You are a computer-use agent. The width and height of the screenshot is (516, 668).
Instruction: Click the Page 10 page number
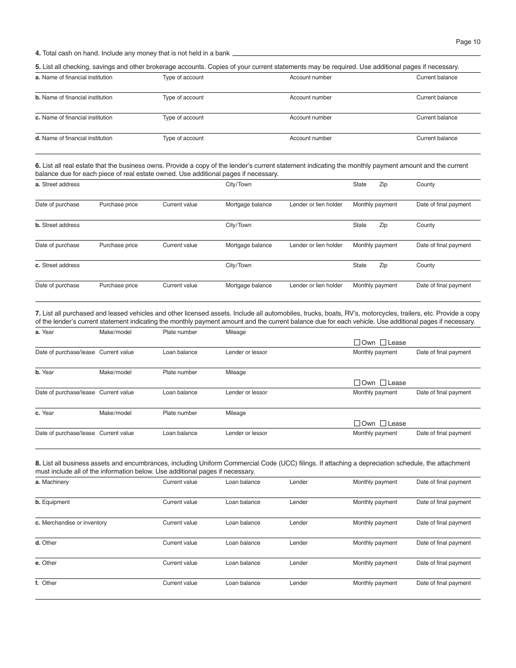(468, 42)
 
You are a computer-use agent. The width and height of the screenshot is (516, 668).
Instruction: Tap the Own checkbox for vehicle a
(357, 343)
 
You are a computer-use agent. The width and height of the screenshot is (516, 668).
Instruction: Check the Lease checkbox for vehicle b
(383, 383)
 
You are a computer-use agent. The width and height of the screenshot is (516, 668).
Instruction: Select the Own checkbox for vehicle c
(357, 424)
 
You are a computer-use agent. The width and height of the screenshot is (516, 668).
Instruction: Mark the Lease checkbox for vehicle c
(383, 424)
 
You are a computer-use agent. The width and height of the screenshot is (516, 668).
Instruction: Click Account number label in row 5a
(310, 78)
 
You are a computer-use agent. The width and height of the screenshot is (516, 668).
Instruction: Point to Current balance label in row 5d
(437, 138)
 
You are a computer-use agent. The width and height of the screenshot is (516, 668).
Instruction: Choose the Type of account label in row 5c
(183, 118)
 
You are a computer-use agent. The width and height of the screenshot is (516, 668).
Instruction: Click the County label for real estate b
(425, 225)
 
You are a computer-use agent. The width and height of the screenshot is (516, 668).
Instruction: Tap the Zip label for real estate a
(383, 185)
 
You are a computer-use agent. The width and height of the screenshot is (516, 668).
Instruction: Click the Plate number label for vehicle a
(180, 332)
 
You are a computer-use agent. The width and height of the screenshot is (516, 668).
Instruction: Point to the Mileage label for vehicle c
(236, 413)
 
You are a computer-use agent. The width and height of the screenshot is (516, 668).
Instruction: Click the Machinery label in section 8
(55, 482)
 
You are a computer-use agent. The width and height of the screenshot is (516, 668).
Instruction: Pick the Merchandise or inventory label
(74, 523)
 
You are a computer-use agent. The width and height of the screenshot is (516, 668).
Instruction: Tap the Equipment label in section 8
(55, 502)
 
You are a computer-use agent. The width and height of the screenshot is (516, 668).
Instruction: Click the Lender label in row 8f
(298, 583)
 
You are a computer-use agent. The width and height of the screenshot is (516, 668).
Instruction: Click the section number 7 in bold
(37, 313)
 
